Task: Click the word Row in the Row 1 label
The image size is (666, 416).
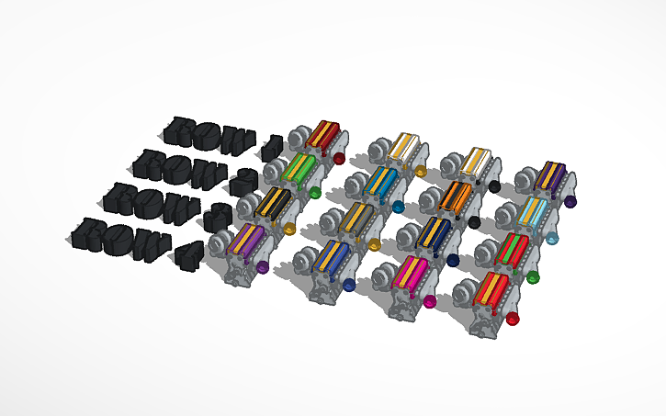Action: click(x=210, y=135)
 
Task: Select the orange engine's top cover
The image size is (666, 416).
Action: click(x=456, y=196)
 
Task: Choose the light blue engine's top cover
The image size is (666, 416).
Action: click(x=532, y=213)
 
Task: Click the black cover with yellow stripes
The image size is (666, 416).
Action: click(x=273, y=201)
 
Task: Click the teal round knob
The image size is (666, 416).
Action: click(x=398, y=207)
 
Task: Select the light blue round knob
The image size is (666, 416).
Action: click(x=552, y=239)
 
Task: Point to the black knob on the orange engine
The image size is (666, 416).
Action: click(x=474, y=222)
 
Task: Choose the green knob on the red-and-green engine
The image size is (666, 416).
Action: click(x=533, y=276)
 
